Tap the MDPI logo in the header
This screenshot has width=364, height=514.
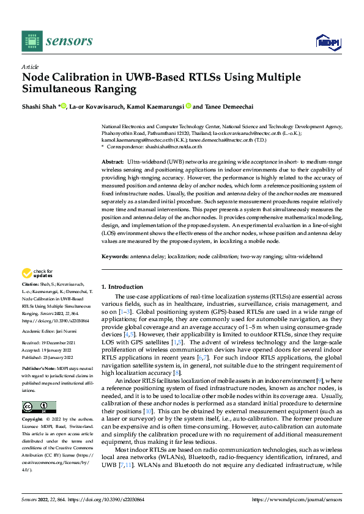click(327, 42)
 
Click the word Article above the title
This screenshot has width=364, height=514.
click(29, 67)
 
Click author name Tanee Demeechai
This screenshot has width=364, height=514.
click(233, 106)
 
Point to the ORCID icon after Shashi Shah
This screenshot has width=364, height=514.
click(63, 106)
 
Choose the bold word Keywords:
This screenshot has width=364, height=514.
click(115, 258)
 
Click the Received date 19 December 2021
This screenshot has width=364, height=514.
click(58, 343)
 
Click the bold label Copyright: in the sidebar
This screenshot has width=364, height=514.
click(33, 421)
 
